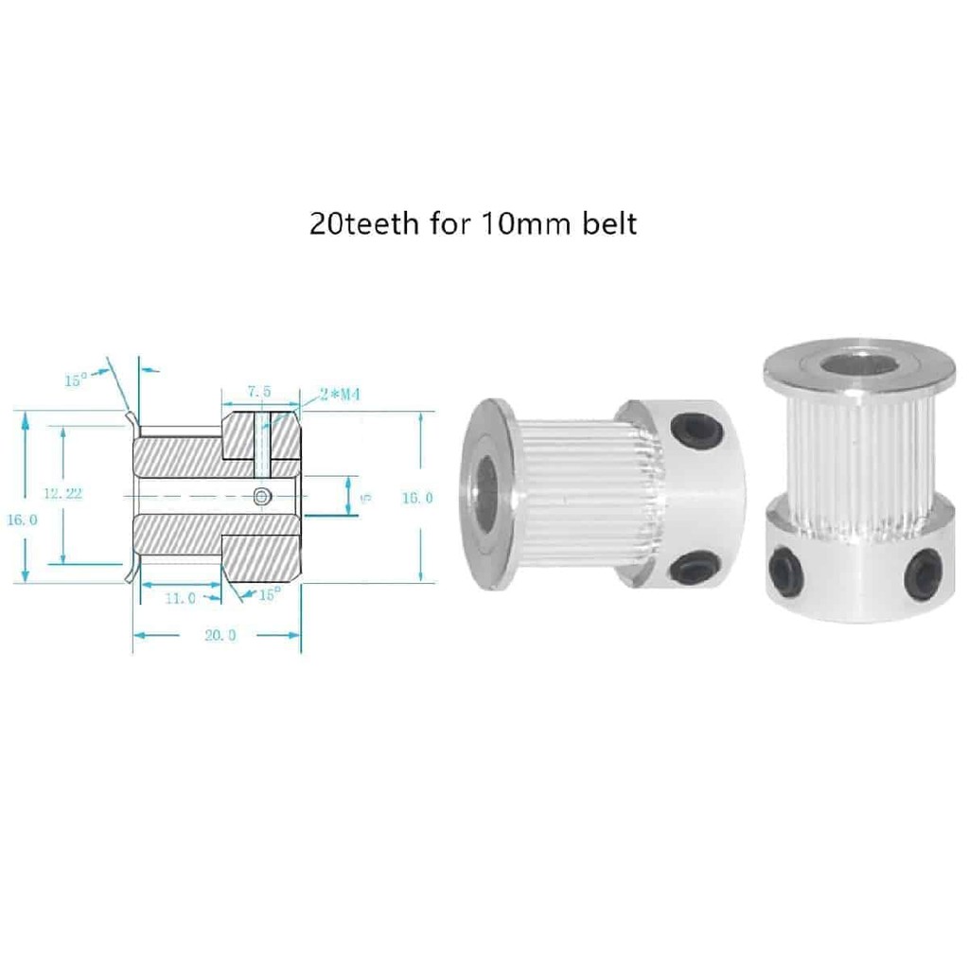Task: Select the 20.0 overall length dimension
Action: click(x=220, y=636)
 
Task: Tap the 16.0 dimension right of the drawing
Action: click(x=418, y=498)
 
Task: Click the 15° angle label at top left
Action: click(x=76, y=380)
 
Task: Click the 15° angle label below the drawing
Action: click(x=270, y=595)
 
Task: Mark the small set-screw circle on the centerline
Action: click(x=263, y=495)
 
